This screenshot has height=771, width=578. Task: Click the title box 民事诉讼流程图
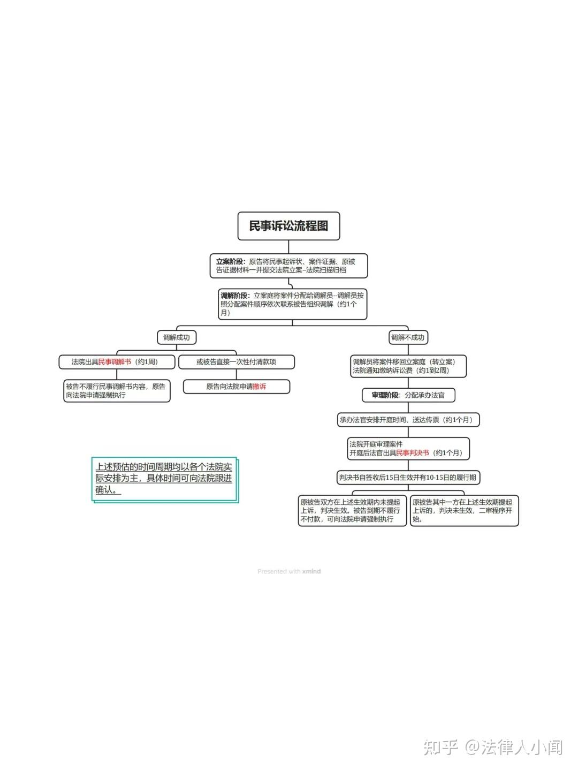[288, 226]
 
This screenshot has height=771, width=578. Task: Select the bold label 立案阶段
[230, 262]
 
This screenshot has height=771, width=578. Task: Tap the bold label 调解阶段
[234, 296]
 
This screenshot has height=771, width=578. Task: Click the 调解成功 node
[177, 337]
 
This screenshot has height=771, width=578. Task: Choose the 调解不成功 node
[407, 337]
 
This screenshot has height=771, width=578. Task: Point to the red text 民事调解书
[115, 362]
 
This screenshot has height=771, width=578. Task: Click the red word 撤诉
[260, 387]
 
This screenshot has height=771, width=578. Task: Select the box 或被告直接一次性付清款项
[236, 362]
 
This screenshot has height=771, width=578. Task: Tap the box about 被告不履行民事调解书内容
[117, 391]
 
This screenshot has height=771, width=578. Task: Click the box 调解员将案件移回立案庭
[408, 366]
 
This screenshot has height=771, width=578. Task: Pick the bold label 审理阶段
[385, 395]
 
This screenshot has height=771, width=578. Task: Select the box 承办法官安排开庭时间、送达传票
[408, 420]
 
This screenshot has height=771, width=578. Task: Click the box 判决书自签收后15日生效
[408, 478]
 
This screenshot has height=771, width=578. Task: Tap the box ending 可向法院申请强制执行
[352, 511]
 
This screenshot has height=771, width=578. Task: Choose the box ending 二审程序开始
[464, 511]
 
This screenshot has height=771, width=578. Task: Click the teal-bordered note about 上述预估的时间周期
[164, 479]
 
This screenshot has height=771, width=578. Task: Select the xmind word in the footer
[311, 571]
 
